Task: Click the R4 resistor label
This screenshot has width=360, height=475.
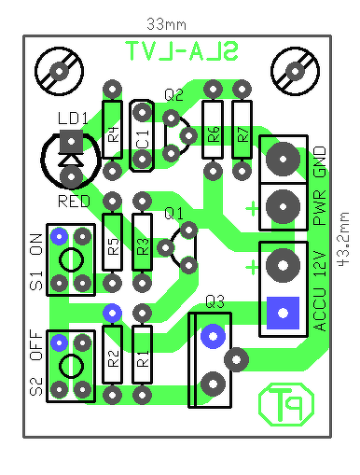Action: (x=114, y=134)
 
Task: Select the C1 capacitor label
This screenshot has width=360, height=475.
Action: (x=143, y=139)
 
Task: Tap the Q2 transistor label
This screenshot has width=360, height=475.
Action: (x=173, y=94)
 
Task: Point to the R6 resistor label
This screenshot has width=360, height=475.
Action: (x=214, y=134)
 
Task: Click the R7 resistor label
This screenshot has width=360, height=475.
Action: (x=243, y=134)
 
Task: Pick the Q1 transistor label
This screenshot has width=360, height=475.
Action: (x=173, y=214)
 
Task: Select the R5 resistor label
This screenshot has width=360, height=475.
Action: (x=114, y=246)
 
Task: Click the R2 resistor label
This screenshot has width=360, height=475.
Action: (x=114, y=358)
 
